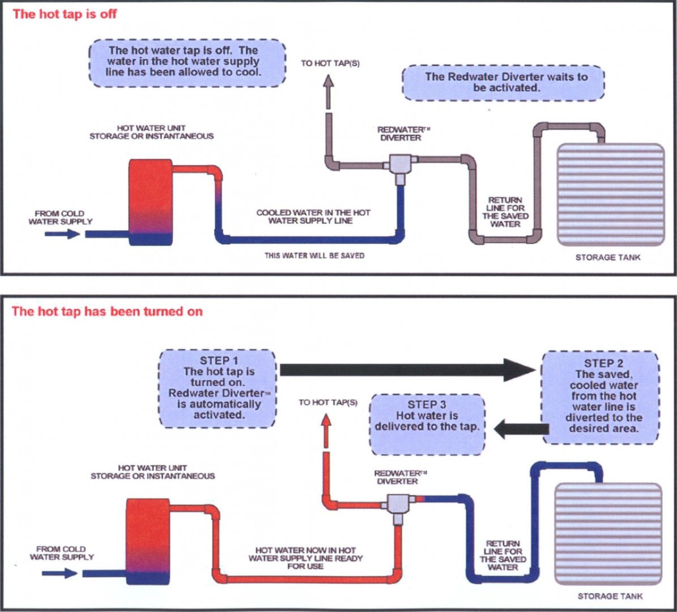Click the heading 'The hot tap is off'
64,14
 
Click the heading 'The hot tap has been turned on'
107,311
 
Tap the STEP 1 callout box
218,388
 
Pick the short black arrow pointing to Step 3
520,429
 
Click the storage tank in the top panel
611,194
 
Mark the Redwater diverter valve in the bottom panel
400,504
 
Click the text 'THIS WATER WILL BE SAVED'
314,256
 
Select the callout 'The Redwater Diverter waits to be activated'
504,83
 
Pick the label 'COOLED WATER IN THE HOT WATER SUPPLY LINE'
313,216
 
